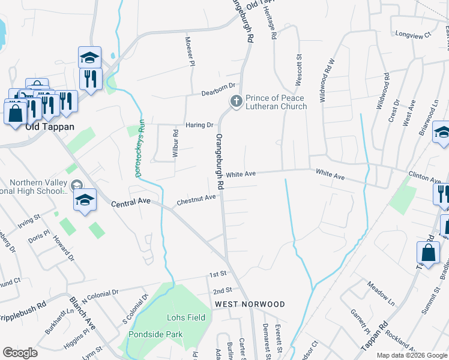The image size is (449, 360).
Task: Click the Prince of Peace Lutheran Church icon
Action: [237, 102]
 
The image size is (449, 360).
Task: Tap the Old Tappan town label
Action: [50, 127]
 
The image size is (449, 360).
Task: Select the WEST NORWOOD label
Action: [249, 304]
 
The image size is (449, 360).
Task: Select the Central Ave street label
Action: [131, 204]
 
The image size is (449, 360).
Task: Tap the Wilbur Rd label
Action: [176, 144]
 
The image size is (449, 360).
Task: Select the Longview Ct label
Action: [411, 35]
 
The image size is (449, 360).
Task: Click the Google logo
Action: [19, 353]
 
